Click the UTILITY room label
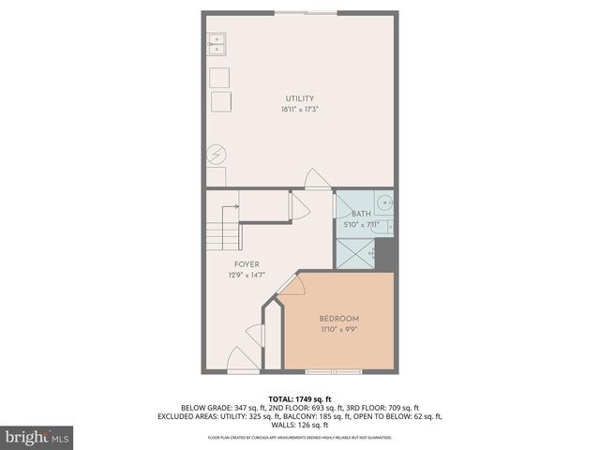[300, 98]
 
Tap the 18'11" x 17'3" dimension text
[300, 110]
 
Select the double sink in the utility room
[217, 41]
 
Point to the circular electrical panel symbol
[215, 154]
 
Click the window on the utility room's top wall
[307, 12]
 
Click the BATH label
[362, 215]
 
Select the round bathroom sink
[382, 202]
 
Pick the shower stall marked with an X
[355, 253]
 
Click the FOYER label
[246, 264]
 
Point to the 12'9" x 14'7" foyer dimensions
[246, 276]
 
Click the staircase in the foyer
[223, 231]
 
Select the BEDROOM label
[338, 319]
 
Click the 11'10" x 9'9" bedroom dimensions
[338, 330]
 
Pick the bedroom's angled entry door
[290, 284]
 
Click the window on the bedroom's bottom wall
[334, 372]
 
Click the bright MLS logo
[37, 437]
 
